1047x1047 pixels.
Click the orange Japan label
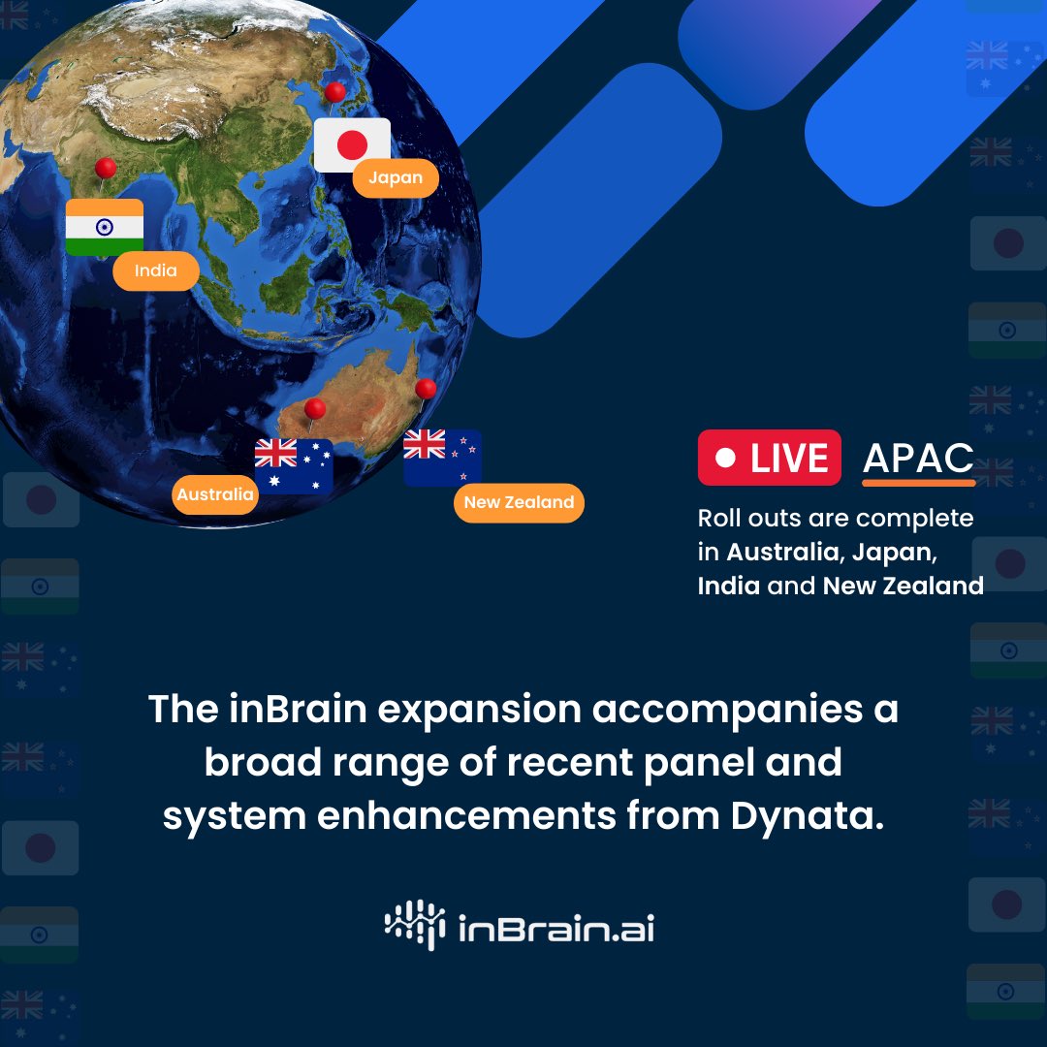click(x=396, y=177)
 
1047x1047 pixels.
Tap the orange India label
click(x=155, y=270)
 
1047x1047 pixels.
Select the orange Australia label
click(x=215, y=494)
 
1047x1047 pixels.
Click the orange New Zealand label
click(x=519, y=502)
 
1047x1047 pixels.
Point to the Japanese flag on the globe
click(x=352, y=144)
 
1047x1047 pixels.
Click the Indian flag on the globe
click(x=104, y=227)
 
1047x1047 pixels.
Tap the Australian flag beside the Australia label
click(x=294, y=466)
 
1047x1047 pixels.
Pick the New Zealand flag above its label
click(x=442, y=458)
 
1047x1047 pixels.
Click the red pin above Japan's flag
click(x=334, y=92)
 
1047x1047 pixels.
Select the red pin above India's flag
click(x=105, y=169)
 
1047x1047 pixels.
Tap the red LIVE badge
click(x=769, y=458)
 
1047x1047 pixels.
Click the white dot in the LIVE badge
click(x=725, y=458)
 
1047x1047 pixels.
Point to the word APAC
click(x=918, y=458)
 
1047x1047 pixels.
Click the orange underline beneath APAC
click(x=919, y=482)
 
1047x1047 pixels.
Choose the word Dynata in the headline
click(x=808, y=816)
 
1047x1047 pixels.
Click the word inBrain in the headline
click(x=298, y=709)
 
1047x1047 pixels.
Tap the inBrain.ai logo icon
click(x=415, y=925)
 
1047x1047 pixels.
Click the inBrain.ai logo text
click(x=556, y=928)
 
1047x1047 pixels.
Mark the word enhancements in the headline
click(x=466, y=816)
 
